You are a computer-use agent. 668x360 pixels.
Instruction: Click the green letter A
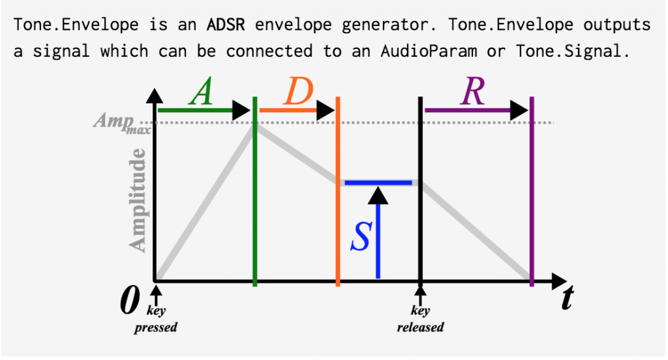(x=201, y=91)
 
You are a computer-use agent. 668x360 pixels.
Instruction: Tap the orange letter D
(x=299, y=91)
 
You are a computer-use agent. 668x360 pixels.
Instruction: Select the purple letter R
(x=472, y=91)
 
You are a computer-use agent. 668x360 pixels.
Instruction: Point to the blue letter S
(x=361, y=237)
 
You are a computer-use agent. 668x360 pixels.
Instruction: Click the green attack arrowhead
(x=241, y=110)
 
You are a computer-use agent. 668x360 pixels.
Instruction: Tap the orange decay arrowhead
(x=326, y=110)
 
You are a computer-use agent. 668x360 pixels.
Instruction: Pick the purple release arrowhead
(x=519, y=110)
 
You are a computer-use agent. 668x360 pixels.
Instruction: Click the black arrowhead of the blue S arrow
(x=378, y=196)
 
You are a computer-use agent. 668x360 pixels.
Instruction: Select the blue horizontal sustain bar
(x=378, y=183)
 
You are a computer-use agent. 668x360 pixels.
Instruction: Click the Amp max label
(x=122, y=122)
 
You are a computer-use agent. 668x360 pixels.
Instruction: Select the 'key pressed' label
(x=156, y=319)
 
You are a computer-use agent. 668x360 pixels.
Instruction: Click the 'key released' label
(x=421, y=319)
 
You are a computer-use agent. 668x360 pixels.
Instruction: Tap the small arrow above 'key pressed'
(x=157, y=295)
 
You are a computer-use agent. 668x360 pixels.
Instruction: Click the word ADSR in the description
(x=226, y=24)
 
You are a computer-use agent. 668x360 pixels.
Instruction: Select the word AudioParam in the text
(x=429, y=51)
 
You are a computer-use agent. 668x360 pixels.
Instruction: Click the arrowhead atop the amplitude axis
(x=155, y=96)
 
